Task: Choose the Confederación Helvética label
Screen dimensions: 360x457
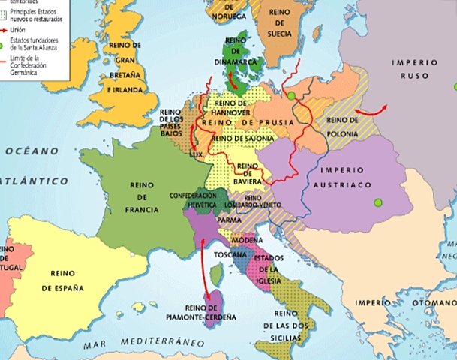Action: (193, 199)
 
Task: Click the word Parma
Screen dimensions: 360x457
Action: (229, 220)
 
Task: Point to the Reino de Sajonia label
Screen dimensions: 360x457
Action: (241, 138)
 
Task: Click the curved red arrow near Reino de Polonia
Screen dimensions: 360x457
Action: (366, 109)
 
